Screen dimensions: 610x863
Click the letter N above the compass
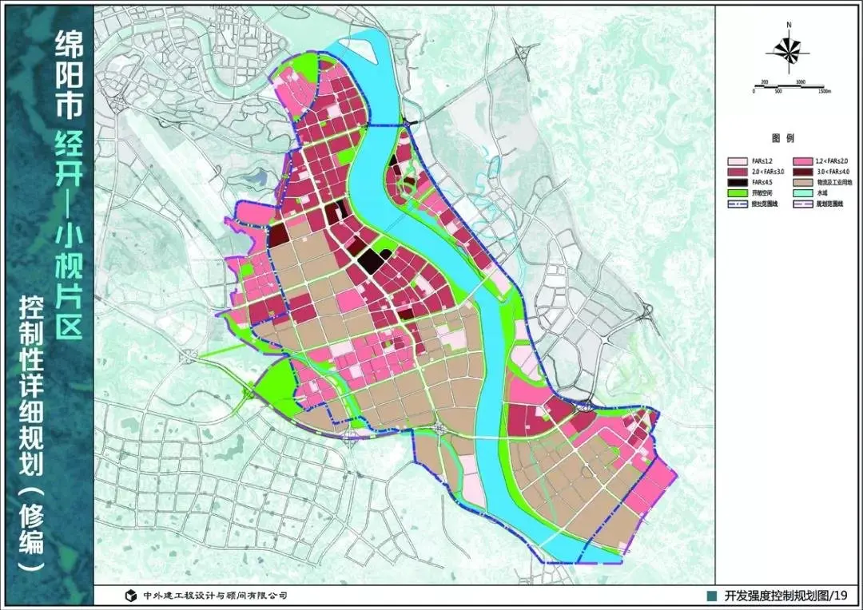pos(788,26)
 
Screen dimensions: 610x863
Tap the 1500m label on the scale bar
pos(824,91)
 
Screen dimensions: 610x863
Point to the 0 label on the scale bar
pos(753,91)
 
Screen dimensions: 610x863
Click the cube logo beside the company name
pos(130,596)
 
